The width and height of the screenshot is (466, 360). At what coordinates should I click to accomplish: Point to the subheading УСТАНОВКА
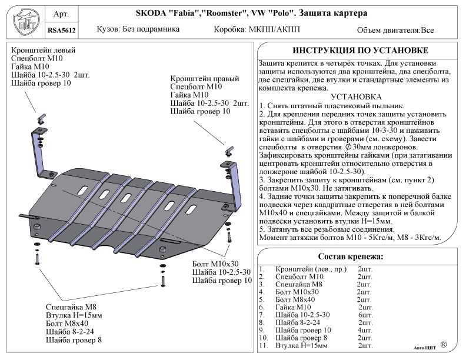357,96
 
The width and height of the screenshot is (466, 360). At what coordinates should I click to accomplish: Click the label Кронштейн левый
43,51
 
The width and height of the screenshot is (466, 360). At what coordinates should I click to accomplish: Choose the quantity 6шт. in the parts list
365,315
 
